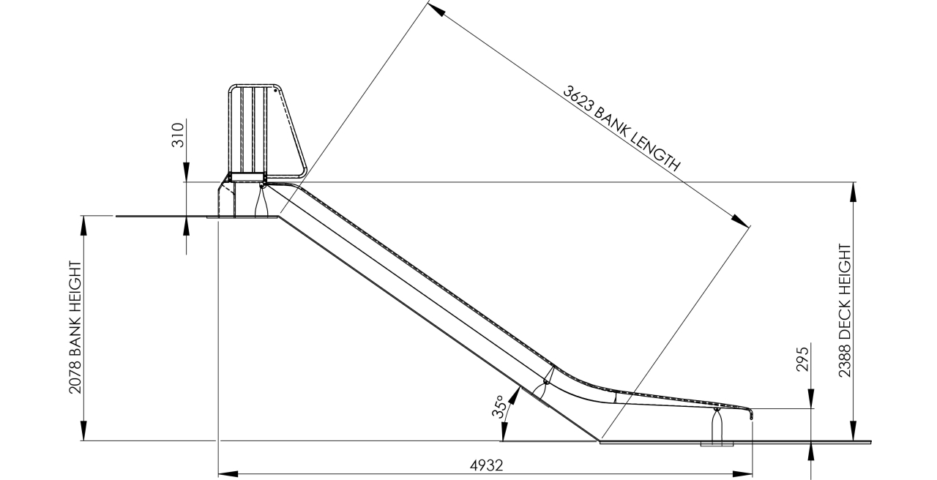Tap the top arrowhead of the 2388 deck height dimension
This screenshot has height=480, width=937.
pos(853,190)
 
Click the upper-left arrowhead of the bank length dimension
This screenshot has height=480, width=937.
pos(436,10)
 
